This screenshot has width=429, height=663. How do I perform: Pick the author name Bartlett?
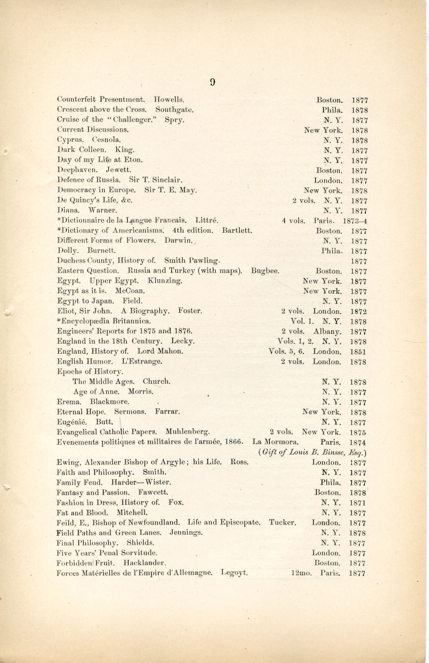click(x=237, y=231)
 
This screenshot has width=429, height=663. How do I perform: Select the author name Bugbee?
click(x=265, y=271)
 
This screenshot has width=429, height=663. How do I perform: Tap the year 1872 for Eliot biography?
click(x=358, y=312)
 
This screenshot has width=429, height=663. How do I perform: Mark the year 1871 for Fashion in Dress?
click(x=358, y=503)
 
